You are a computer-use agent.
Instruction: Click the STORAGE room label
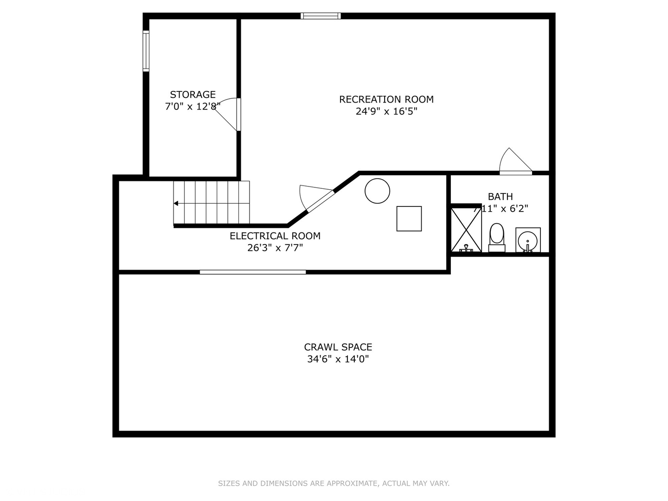click(193, 95)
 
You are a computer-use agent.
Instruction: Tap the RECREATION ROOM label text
click(386, 99)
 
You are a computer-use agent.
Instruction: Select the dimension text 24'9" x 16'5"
click(386, 111)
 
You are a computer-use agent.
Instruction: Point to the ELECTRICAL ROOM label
click(275, 236)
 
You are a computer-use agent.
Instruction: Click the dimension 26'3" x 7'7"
click(275, 248)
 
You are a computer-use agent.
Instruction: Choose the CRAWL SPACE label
click(338, 347)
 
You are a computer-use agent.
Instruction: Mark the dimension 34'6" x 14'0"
click(338, 359)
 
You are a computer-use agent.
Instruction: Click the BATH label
click(500, 197)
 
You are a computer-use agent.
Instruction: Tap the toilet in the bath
click(496, 237)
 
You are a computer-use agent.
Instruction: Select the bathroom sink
click(528, 240)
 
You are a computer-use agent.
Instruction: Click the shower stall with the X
click(466, 230)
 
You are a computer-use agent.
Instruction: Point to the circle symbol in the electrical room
click(377, 191)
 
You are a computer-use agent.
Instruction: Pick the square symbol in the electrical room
click(409, 218)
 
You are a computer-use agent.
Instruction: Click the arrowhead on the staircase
click(176, 203)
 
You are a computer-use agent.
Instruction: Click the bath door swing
click(515, 161)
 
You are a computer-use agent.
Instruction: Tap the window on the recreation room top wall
click(321, 16)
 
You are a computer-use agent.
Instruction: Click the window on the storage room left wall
click(146, 51)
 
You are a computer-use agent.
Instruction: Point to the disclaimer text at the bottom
click(334, 483)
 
